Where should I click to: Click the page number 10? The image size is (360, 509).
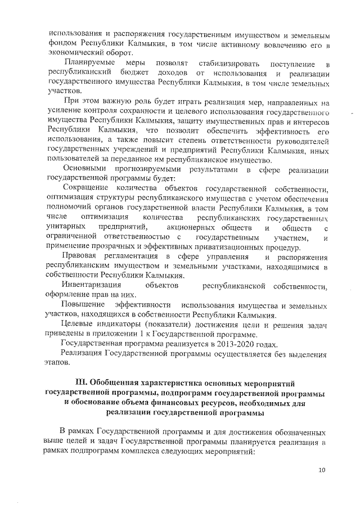coord(322,470)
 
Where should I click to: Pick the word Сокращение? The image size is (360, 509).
coord(86,187)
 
